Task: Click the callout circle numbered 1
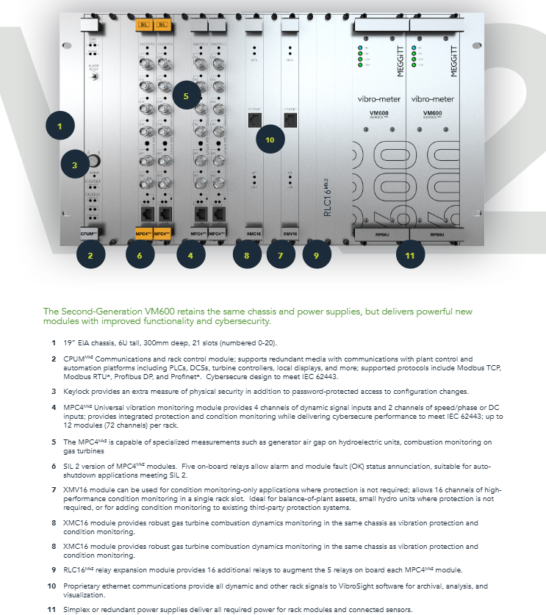(x=60, y=126)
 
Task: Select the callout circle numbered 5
(x=187, y=96)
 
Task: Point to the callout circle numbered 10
(x=269, y=139)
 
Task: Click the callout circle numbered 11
(x=410, y=256)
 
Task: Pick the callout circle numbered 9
(x=317, y=256)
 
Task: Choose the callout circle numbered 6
(x=140, y=256)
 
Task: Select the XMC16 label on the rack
(x=254, y=234)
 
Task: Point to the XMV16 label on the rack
(x=290, y=234)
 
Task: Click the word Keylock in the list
(x=74, y=391)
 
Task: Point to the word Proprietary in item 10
(x=82, y=586)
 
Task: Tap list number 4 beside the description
(x=53, y=406)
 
